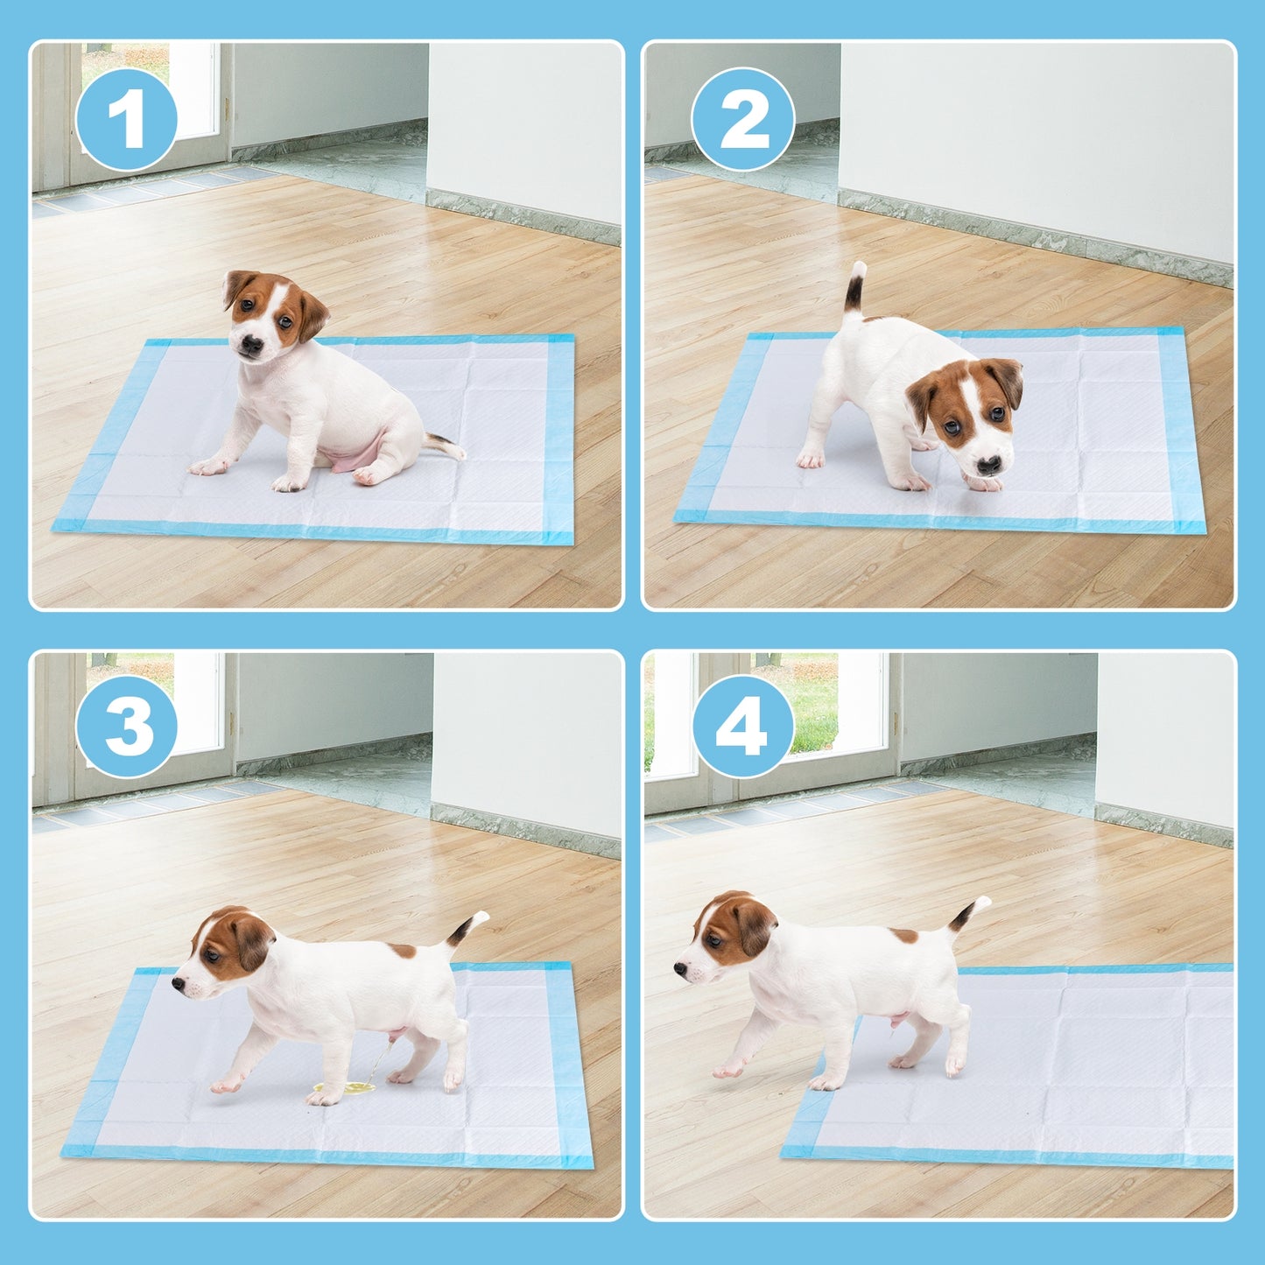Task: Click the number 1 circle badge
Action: [127, 119]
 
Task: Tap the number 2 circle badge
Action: [743, 119]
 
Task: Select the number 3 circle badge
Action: [127, 727]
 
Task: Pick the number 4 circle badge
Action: [743, 727]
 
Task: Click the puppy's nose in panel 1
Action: [250, 344]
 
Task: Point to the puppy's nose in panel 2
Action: [988, 465]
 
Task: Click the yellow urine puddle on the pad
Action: [345, 1088]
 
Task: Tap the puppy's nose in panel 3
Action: [178, 984]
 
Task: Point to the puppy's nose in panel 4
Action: [680, 968]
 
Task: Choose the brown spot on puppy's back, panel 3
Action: [403, 951]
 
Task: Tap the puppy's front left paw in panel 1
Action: [207, 467]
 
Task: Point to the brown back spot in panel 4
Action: [904, 936]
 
